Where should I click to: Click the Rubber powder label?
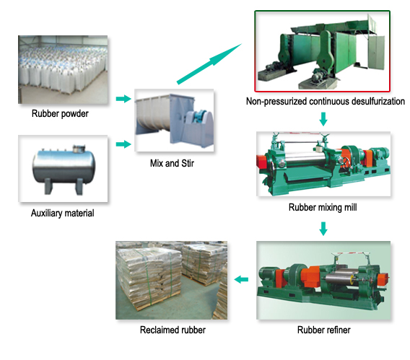(60, 114)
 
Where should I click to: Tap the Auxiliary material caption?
(63, 213)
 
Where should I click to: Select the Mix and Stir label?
(172, 163)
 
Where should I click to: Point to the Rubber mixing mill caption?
(323, 208)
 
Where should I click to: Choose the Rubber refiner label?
(323, 330)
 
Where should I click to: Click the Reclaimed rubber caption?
(173, 330)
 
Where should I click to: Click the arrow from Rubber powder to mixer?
(123, 99)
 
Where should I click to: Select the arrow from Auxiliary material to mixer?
(123, 144)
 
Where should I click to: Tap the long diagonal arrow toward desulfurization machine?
(209, 64)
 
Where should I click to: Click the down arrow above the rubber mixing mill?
(323, 119)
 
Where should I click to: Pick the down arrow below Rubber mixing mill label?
(323, 229)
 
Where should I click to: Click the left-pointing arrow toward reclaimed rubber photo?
(241, 280)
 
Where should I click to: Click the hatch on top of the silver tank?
(79, 149)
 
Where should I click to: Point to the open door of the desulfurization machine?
(376, 53)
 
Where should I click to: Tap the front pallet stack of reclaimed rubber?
(149, 278)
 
